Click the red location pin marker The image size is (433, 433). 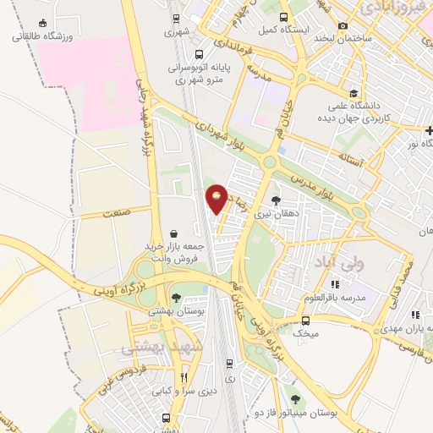[x=217, y=199]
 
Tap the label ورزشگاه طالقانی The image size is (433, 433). [x=42, y=36]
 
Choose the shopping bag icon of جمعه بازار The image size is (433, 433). [x=173, y=233]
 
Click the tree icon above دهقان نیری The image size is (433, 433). [x=277, y=200]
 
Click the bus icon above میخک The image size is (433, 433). [x=305, y=321]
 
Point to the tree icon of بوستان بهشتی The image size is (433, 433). [x=176, y=297]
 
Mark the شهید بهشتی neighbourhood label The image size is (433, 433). [x=150, y=348]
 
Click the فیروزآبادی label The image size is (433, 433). [x=386, y=8]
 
